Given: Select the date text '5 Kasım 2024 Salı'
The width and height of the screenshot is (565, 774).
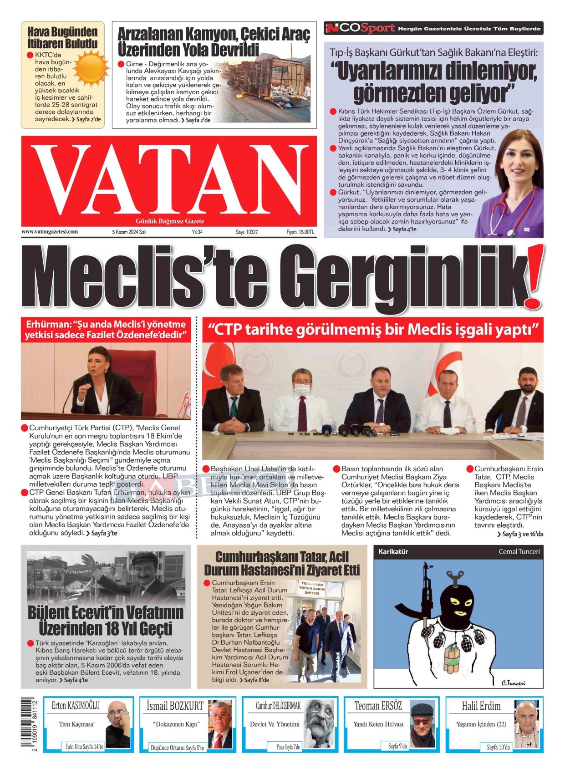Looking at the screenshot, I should (129, 232).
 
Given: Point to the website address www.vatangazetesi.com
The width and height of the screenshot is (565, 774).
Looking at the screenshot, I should (50, 232).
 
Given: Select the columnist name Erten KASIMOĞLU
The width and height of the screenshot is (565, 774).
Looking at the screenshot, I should (76, 706).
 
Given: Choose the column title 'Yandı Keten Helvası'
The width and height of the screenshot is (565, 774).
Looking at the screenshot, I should (378, 724).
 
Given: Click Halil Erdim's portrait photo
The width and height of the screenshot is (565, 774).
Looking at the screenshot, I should (529, 724).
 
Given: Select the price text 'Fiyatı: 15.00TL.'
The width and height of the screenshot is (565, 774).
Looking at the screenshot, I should (300, 232).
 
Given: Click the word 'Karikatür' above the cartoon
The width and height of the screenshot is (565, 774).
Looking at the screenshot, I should (393, 551).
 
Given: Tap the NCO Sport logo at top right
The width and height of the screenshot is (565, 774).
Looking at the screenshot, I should (360, 29).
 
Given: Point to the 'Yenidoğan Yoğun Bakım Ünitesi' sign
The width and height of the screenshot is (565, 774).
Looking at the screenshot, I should (311, 588).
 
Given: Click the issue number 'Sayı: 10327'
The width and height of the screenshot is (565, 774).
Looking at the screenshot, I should (246, 232).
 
